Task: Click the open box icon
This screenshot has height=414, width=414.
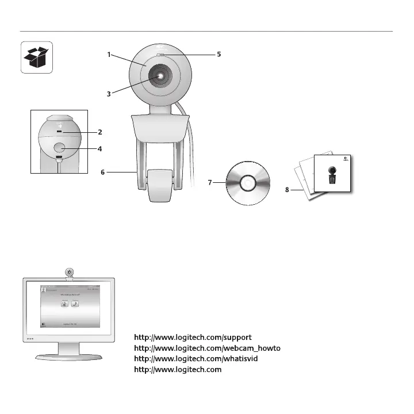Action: (37, 57)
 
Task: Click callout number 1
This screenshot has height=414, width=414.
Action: (109, 55)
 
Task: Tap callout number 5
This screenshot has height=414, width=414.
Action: (219, 55)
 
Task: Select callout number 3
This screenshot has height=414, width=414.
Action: (109, 94)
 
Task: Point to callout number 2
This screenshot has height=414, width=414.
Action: (99, 132)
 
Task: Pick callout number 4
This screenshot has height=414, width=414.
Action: (99, 148)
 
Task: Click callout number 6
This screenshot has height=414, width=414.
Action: (102, 171)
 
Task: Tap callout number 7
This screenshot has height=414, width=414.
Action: (210, 183)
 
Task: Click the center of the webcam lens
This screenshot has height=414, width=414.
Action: (160, 75)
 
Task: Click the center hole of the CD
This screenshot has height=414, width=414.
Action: (248, 183)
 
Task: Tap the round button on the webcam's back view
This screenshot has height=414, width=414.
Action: (60, 148)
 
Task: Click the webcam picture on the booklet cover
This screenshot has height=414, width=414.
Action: (333, 175)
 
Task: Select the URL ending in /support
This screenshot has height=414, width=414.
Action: (193, 337)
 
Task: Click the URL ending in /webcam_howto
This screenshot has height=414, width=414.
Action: (207, 348)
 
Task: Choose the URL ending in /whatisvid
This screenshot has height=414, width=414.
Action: (195, 359)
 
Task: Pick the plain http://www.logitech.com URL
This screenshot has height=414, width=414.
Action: (178, 370)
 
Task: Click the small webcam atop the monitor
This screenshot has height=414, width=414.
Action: (68, 272)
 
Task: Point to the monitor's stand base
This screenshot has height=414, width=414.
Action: (68, 356)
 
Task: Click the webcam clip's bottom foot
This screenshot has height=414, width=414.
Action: (160, 185)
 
